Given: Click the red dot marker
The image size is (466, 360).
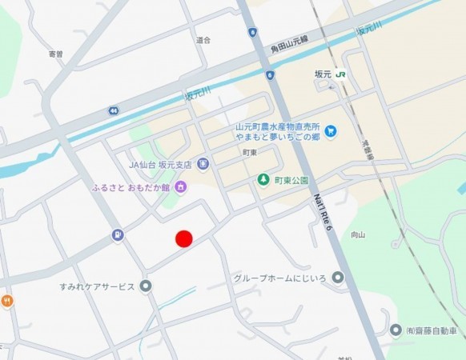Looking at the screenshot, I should coord(184,238).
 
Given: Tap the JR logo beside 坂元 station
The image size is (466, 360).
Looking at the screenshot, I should coord(342,74).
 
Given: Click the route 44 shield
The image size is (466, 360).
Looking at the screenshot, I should coord(115,109).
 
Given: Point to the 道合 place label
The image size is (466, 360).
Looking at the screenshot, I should coord(203,39).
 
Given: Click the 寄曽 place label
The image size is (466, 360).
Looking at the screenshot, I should coord(55,54).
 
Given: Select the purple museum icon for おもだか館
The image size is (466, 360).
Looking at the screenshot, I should coord(182,187).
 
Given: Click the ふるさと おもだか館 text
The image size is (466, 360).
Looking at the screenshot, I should coord(131,188).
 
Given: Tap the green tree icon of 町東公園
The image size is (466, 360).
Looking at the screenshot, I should coord(262,180).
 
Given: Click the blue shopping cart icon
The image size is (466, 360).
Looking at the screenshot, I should coord(331,131).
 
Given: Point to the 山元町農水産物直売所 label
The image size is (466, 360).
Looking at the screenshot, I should coord(278,126).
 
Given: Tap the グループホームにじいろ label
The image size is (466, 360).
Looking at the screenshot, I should coord(279,278).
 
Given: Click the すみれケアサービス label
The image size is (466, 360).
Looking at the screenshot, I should coord(96,286).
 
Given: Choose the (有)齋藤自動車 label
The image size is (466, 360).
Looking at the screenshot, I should coord(433,330).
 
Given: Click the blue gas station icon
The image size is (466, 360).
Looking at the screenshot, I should coord(119,234).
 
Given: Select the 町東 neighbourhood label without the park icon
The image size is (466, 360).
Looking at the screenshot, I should coord(250,152).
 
